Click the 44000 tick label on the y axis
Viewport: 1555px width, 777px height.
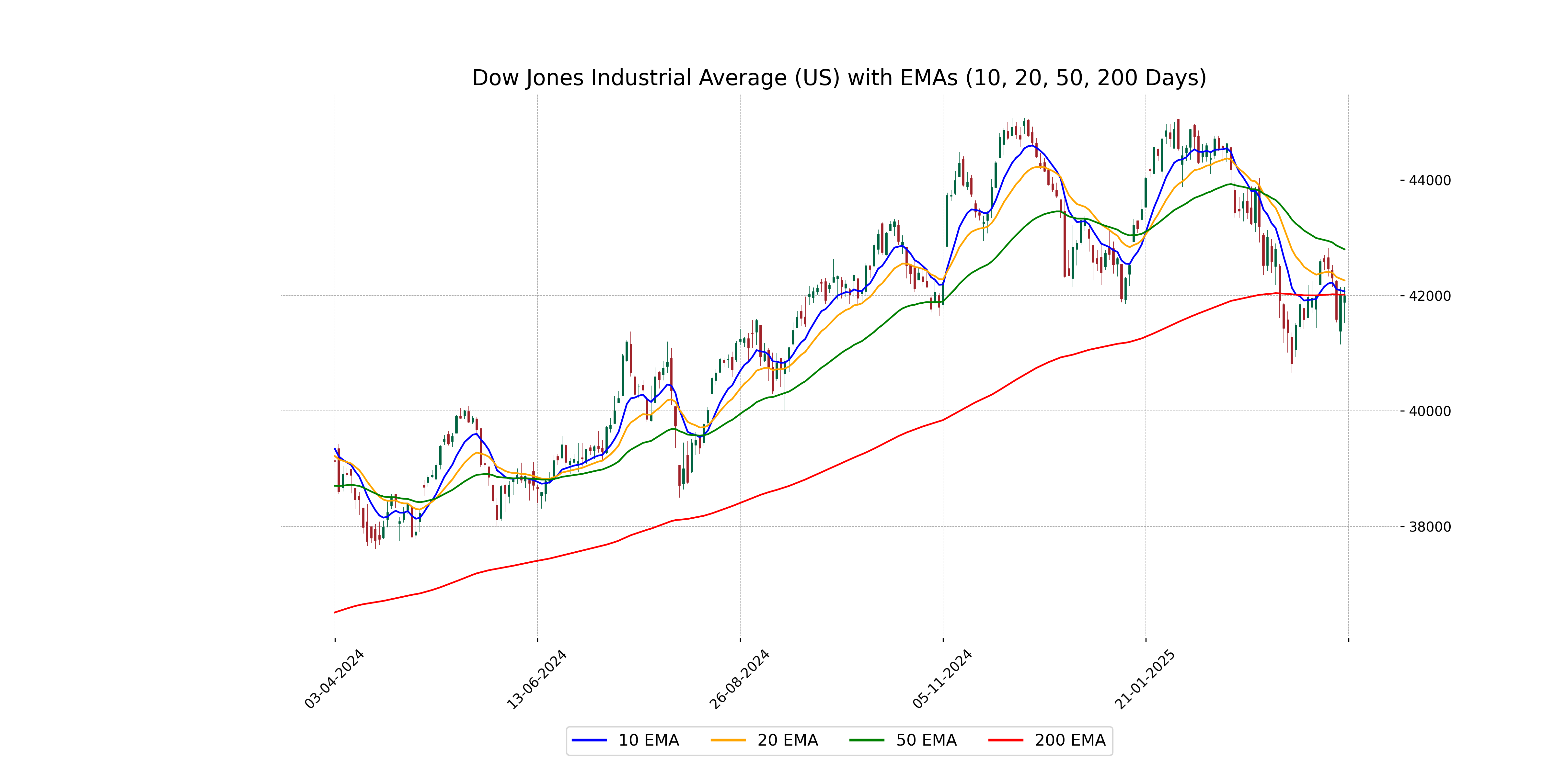coord(1429,180)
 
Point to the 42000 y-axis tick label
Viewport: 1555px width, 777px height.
coord(1429,296)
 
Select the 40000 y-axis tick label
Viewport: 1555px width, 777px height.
coord(1429,411)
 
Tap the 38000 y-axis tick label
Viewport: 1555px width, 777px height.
coord(1429,527)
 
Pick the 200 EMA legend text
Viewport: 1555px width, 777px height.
coord(1070,740)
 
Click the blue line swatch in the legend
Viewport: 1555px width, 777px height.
coord(589,740)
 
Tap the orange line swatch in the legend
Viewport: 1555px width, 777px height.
coord(728,740)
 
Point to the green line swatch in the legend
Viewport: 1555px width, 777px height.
coord(867,740)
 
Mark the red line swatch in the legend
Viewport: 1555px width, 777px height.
coord(1006,740)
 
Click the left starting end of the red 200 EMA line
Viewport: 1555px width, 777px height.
coord(335,612)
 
